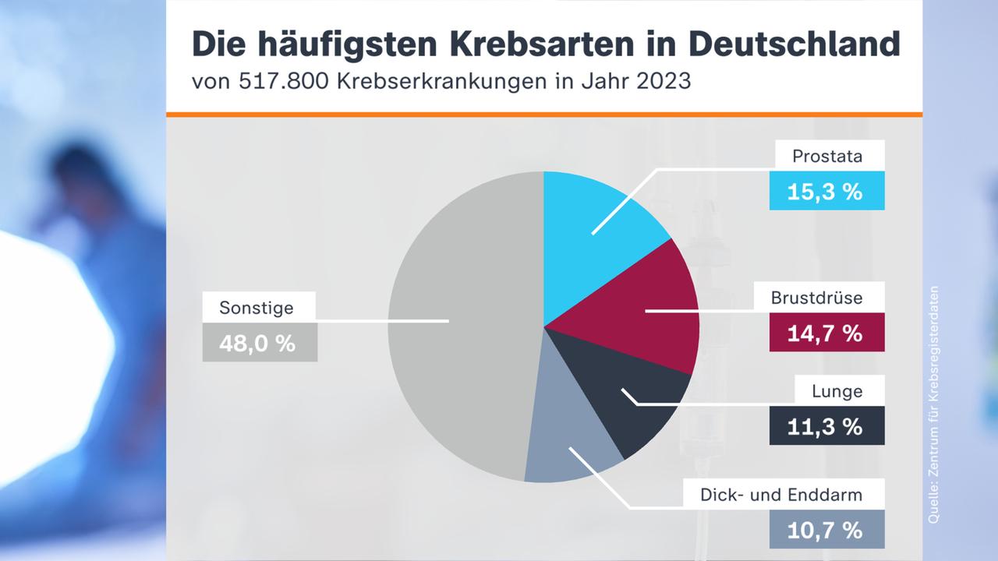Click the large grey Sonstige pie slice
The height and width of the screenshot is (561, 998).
pyautogui.click(x=460, y=327)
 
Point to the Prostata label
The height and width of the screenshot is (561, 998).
pyautogui.click(x=826, y=156)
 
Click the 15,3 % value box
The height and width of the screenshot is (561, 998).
pyautogui.click(x=826, y=191)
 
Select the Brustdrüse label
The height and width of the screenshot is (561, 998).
pyautogui.click(x=826, y=298)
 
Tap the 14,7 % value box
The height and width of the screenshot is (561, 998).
pyautogui.click(x=826, y=333)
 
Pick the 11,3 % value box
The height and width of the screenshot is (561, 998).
pyautogui.click(x=826, y=426)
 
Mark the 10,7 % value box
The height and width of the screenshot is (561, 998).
pyautogui.click(x=826, y=530)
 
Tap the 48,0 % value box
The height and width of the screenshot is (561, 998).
pyautogui.click(x=260, y=343)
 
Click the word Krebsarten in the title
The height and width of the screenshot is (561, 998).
pyautogui.click(x=495, y=44)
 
